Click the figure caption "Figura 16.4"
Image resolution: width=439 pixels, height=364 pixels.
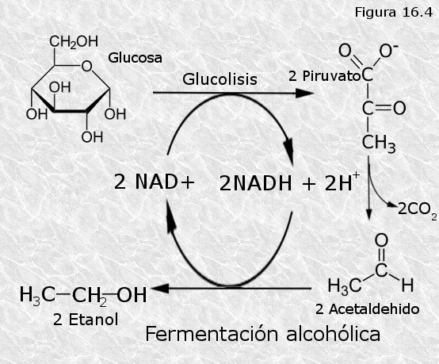click(x=394, y=13)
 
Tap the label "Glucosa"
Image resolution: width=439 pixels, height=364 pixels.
click(x=135, y=58)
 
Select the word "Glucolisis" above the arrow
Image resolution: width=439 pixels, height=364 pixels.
click(x=219, y=79)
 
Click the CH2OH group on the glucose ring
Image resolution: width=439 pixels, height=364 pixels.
click(x=74, y=42)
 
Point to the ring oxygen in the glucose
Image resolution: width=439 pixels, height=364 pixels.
click(x=86, y=67)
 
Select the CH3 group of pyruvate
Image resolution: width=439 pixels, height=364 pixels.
click(x=379, y=144)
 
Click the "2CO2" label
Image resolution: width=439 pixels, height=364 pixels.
click(x=417, y=210)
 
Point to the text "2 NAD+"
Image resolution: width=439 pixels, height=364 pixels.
click(x=155, y=182)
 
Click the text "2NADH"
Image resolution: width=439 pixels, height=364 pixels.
click(x=256, y=183)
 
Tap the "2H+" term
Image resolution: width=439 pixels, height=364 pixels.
click(x=342, y=182)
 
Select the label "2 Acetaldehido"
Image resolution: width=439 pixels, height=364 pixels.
click(x=368, y=309)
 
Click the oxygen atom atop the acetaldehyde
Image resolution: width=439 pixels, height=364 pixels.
click(x=381, y=241)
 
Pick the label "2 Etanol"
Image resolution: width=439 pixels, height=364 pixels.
click(x=86, y=320)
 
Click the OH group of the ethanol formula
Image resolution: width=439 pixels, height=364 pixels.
click(x=132, y=295)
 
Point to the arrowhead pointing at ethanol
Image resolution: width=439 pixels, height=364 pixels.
click(x=159, y=289)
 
